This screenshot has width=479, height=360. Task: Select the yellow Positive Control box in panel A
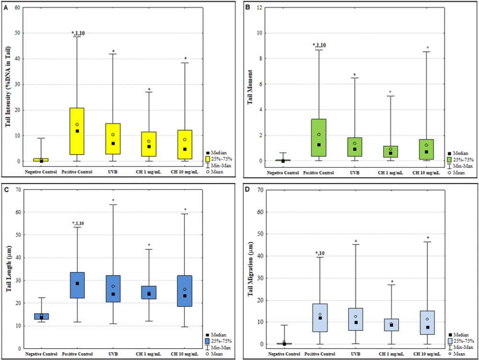click(77, 131)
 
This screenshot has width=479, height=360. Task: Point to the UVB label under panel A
click(113, 172)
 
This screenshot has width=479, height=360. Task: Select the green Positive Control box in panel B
click(319, 138)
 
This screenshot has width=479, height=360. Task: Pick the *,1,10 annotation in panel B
click(319, 45)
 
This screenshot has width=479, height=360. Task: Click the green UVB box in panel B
click(354, 147)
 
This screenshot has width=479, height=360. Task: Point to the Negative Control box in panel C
click(41, 316)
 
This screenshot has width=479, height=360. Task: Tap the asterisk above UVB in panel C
click(113, 200)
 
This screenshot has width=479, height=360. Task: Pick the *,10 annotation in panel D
click(319, 253)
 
